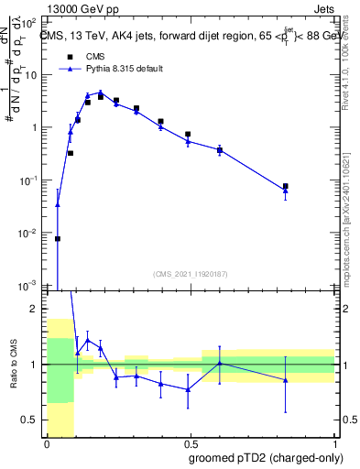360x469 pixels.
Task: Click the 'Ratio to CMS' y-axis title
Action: [14, 364]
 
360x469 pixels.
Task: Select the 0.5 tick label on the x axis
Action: [190, 444]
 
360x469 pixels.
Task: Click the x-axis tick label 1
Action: [334, 444]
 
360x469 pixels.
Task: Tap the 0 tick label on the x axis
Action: [47, 444]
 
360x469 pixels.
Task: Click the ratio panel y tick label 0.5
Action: [33, 420]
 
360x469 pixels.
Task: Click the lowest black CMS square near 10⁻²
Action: [58, 238]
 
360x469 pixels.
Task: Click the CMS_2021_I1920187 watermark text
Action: [191, 274]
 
